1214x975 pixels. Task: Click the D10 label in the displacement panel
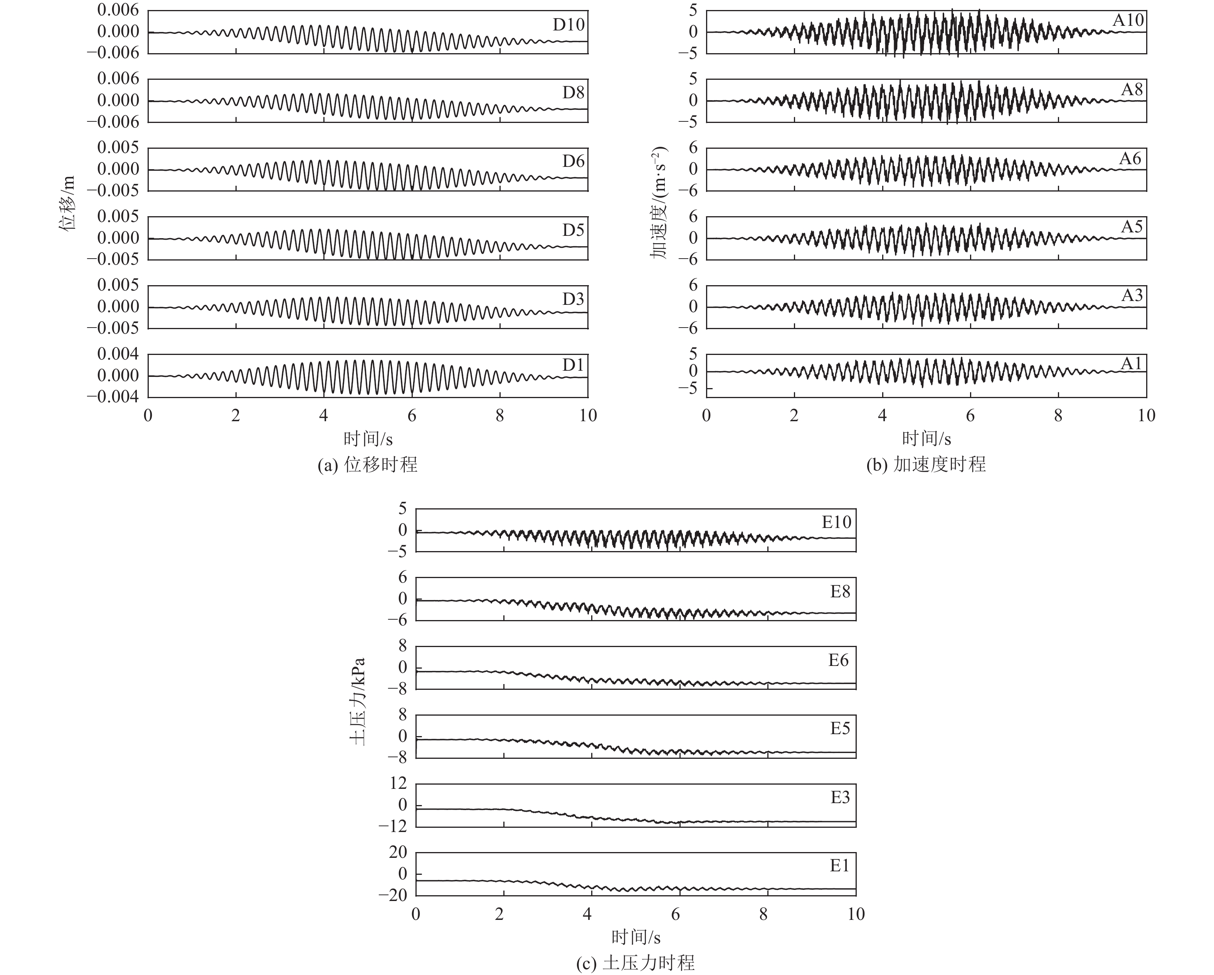568,25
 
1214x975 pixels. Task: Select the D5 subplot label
573,230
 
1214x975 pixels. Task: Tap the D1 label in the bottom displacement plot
573,365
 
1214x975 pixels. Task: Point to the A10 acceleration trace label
1128,20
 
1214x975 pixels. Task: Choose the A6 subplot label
1130,159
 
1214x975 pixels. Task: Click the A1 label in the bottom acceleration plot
1131,364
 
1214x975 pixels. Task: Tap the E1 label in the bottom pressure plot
839,865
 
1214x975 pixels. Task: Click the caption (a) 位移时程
368,464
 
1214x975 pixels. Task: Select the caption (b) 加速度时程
926,464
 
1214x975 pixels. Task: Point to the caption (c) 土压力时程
636,963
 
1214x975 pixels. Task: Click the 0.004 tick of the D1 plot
118,354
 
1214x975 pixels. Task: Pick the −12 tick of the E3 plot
392,826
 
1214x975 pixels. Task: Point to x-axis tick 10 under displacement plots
588,415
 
